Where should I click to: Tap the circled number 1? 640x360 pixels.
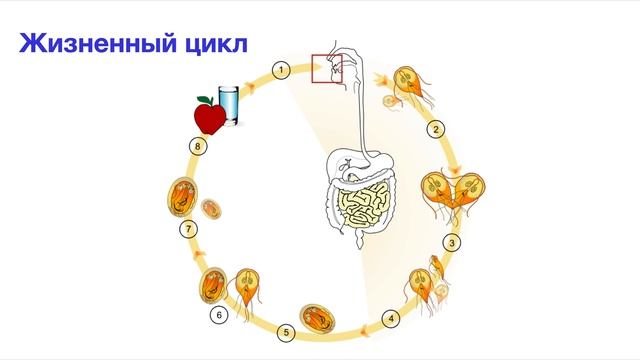coord(282,69)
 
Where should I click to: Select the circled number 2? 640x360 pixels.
coord(436,129)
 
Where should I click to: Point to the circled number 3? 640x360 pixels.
coord(453,242)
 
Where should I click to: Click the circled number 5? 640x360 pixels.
coord(286,332)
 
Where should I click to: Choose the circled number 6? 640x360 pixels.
coord(220,314)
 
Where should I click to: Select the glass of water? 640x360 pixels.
coord(229,105)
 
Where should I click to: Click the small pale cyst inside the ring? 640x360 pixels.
coord(212,208)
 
